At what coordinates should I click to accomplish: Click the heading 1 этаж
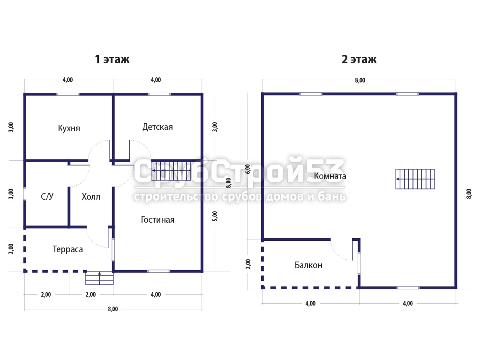[x=112, y=59]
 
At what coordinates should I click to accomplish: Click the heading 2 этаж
[x=359, y=59]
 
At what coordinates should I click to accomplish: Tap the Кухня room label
[x=69, y=128]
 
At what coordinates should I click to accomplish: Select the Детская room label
[x=157, y=127]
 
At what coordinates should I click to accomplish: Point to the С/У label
[x=47, y=196]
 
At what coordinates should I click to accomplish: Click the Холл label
[x=91, y=196]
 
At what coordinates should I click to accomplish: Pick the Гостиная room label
[x=157, y=219]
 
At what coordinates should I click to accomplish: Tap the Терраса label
[x=67, y=249]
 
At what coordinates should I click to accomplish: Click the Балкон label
[x=308, y=265]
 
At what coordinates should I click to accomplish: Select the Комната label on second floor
[x=330, y=176]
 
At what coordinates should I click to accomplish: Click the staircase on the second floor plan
[x=415, y=179]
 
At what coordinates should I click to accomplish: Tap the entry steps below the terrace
[x=99, y=278]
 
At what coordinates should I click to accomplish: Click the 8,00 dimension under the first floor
[x=112, y=309]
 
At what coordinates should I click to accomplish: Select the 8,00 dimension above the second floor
[x=360, y=80]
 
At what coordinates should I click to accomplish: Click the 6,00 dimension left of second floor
[x=247, y=169]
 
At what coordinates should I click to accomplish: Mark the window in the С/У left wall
[x=25, y=194]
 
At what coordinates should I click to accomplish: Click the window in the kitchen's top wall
[x=68, y=94]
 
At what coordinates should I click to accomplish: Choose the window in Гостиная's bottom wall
[x=158, y=271]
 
